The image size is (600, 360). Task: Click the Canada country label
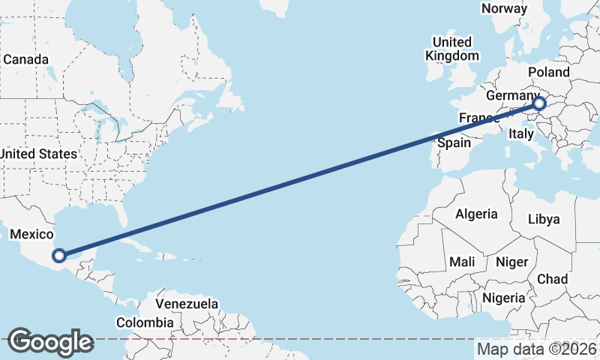coord(25,58)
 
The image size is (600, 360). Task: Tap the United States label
coord(38,154)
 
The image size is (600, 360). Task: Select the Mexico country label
coord(31,235)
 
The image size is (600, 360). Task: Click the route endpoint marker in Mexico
coord(59,256)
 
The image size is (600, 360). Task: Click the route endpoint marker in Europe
coord(538,103)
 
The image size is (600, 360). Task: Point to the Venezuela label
coord(187,304)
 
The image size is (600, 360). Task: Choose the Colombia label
coord(145,322)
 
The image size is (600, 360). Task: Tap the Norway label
coord(504,8)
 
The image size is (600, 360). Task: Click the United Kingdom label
coord(451,49)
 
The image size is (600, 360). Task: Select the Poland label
coord(549,72)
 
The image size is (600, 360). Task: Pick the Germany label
coord(512,96)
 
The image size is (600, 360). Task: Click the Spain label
coord(454,142)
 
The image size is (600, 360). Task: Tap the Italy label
coord(520,133)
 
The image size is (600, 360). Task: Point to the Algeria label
coord(476,214)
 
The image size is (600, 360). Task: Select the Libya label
coord(544,219)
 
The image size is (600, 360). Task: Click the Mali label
coord(462,262)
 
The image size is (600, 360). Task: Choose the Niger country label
coord(511,262)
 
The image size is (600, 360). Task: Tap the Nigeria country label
coord(503,298)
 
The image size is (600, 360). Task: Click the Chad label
coord(552,278)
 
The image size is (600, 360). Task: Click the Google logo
coord(50,342)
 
